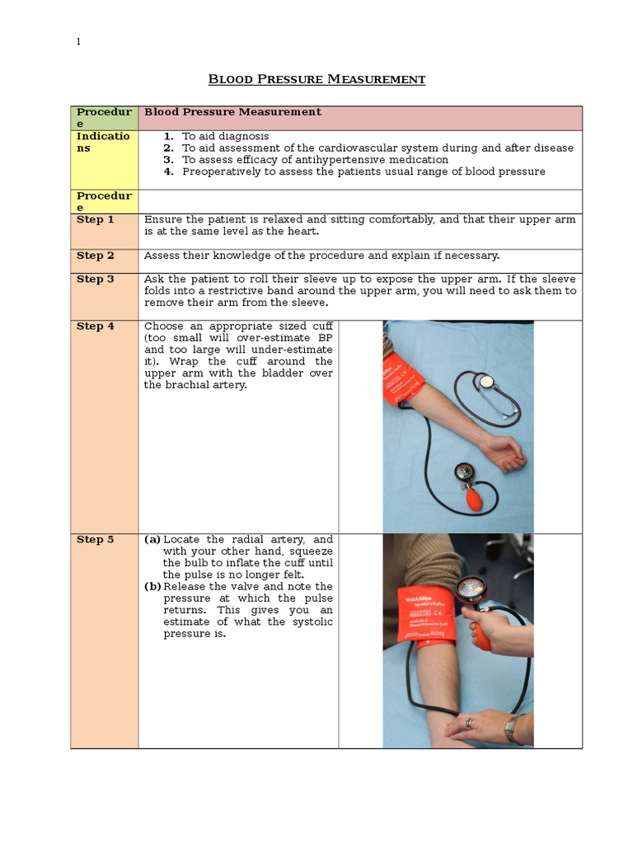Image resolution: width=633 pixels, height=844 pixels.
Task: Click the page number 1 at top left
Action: pos(78,42)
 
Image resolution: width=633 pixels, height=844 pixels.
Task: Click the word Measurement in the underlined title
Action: pos(377,80)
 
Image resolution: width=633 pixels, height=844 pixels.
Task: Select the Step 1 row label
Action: pos(96,220)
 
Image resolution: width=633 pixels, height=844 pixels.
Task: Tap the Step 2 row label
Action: pos(96,256)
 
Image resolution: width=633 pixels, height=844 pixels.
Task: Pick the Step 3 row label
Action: pos(96,279)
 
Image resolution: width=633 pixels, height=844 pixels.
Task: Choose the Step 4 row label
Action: pos(96,326)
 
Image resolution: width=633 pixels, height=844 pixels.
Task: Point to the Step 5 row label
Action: pos(96,540)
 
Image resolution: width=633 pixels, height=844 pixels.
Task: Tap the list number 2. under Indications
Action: pos(168,148)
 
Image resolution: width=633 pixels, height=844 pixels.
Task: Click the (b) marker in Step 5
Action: pos(152,587)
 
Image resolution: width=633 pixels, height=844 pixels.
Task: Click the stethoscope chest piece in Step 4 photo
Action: pos(489,382)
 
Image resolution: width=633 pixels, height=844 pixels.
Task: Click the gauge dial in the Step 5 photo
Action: pos(471,588)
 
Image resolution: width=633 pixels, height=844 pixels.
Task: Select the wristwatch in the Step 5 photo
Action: pos(512,728)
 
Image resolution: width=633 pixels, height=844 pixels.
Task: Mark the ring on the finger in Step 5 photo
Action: pos(469,724)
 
